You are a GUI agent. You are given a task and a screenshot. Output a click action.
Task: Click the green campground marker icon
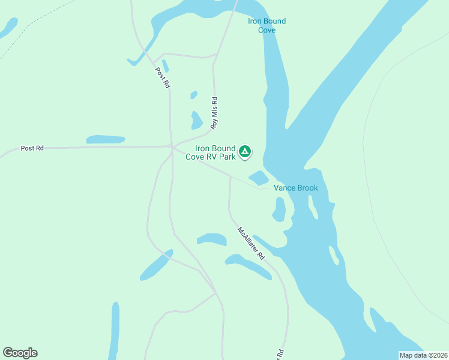pyautogui.click(x=245, y=152)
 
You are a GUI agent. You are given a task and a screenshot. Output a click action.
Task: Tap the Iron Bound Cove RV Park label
pyautogui.click(x=215, y=152)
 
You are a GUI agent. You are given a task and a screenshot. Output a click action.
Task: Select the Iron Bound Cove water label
pyautogui.click(x=267, y=25)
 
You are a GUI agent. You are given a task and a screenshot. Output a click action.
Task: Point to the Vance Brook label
pyautogui.click(x=296, y=188)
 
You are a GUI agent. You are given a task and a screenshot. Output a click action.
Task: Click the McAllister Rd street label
pyautogui.click(x=251, y=242)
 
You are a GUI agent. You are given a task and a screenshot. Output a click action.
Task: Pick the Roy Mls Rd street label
pyautogui.click(x=214, y=114)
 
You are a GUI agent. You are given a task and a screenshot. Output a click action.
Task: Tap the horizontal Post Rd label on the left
pyautogui.click(x=32, y=148)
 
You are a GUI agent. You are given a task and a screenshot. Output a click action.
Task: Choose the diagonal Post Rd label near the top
pyautogui.click(x=163, y=78)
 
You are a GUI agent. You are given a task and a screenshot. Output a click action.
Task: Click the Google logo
pyautogui.click(x=20, y=353)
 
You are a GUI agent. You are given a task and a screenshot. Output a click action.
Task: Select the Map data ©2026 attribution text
pyautogui.click(x=423, y=355)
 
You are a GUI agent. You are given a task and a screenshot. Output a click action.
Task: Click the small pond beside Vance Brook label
pyautogui.click(x=259, y=178)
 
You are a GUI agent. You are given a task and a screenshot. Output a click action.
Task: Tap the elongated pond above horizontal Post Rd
pyautogui.click(x=106, y=139)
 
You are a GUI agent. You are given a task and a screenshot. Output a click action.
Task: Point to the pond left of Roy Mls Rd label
pyautogui.click(x=196, y=121)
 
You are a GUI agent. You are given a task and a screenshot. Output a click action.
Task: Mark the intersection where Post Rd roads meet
pyautogui.click(x=172, y=146)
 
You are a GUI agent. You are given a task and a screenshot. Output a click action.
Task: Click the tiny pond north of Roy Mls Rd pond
pyautogui.click(x=194, y=95)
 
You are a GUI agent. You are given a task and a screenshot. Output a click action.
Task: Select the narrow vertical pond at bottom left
pyautogui.click(x=114, y=330)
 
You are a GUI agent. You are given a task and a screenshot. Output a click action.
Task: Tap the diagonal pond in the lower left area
pyautogui.click(x=156, y=265)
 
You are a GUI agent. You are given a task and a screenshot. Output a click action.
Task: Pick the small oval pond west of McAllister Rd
pyautogui.click(x=211, y=239)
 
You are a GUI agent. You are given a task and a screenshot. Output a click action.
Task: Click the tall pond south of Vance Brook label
pyautogui.click(x=279, y=209)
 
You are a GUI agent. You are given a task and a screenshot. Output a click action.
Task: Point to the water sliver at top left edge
pyautogui.click(x=9, y=27)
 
